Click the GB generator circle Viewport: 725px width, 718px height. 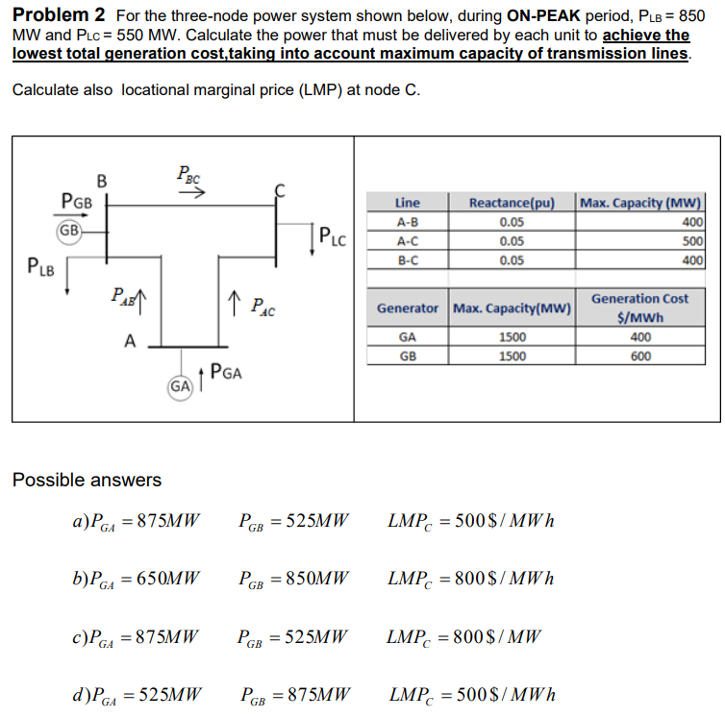(68, 231)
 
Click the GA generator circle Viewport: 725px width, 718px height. (179, 386)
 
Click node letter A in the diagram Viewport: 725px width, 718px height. (129, 338)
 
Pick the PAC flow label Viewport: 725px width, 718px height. (261, 309)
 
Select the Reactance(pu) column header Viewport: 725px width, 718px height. (511, 203)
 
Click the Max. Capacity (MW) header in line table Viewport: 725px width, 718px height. (641, 203)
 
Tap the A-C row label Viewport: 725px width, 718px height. (407, 241)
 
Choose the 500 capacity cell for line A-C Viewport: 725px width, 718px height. (691, 241)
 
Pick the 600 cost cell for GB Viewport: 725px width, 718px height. (640, 356)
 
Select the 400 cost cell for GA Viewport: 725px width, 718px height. (640, 337)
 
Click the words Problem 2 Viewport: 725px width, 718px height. (58, 16)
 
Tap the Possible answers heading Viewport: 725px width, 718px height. (87, 479)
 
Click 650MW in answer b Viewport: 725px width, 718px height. (168, 580)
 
